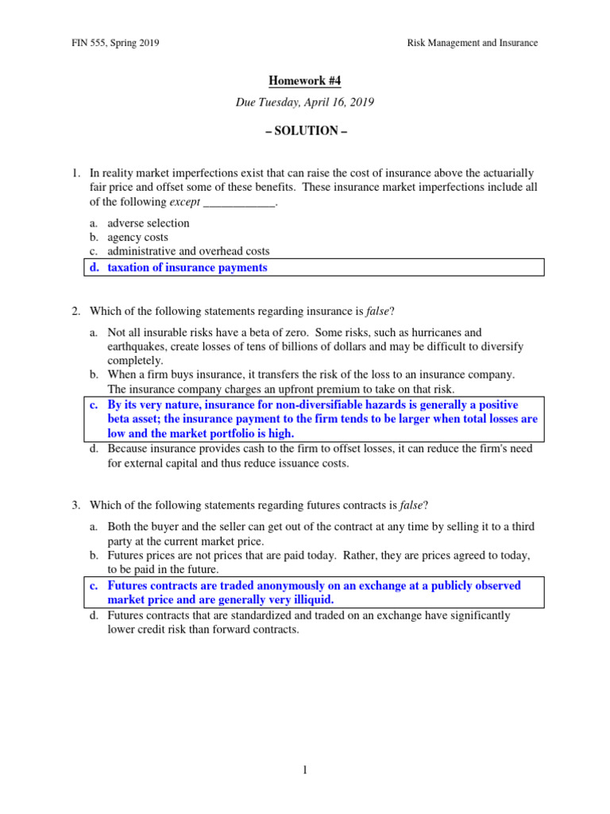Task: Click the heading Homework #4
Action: point(305,81)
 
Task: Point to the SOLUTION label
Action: point(305,131)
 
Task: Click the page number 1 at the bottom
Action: point(305,770)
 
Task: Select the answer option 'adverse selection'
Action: point(149,223)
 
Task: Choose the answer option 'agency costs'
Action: point(137,238)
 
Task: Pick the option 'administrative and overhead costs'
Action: point(188,252)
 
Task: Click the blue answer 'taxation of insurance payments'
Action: point(187,268)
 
